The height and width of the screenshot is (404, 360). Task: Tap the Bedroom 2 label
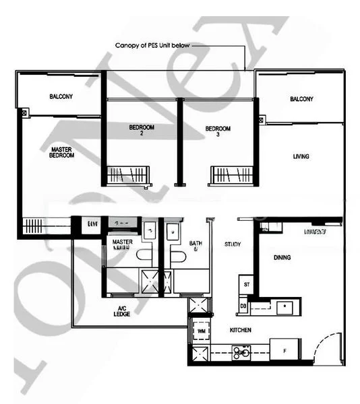pyautogui.click(x=142, y=131)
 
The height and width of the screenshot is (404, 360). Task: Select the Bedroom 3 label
pyautogui.click(x=218, y=131)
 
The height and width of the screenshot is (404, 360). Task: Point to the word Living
pyautogui.click(x=301, y=156)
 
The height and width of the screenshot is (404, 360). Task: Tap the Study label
pyautogui.click(x=233, y=244)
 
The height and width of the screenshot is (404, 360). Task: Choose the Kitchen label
pyautogui.click(x=241, y=330)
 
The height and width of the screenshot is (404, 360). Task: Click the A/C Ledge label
pyautogui.click(x=122, y=311)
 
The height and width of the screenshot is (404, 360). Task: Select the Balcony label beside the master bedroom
pyautogui.click(x=61, y=97)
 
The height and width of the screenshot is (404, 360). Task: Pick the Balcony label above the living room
pyautogui.click(x=301, y=99)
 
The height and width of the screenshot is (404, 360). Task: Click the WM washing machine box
pyautogui.click(x=201, y=331)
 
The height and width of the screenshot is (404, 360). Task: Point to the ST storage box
pyautogui.click(x=247, y=285)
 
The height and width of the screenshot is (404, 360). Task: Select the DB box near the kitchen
pyautogui.click(x=244, y=306)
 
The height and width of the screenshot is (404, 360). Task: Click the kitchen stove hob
pyautogui.click(x=241, y=350)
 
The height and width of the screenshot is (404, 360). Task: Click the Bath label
pyautogui.click(x=196, y=246)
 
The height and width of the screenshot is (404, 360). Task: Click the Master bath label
pyautogui.click(x=122, y=244)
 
